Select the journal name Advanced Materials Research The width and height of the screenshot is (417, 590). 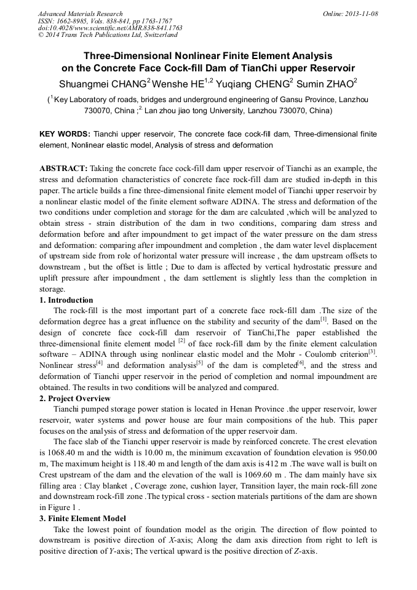pos(80,14)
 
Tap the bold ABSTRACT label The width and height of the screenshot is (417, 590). pos(64,168)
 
